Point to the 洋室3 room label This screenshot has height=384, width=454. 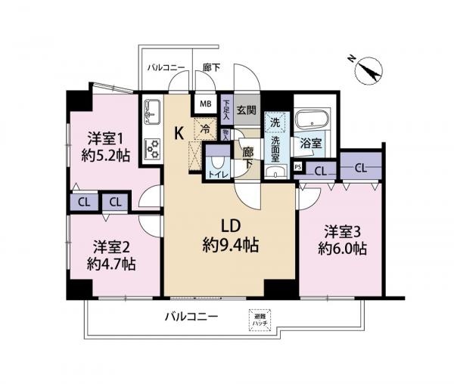[x=342, y=231]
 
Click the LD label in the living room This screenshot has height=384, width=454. [x=231, y=226]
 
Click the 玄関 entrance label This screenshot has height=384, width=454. [x=247, y=110]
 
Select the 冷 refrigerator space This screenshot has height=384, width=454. [x=204, y=129]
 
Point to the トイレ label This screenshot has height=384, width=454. [x=217, y=173]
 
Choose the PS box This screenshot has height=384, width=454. [x=298, y=167]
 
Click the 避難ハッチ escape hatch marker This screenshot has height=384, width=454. [x=258, y=320]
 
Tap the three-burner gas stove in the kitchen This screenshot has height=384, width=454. [x=150, y=147]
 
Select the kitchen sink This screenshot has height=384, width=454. [x=149, y=112]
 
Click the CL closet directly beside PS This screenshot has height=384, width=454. [x=320, y=171]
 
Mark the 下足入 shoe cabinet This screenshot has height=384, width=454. [x=226, y=105]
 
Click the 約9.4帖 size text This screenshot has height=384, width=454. [x=232, y=245]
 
